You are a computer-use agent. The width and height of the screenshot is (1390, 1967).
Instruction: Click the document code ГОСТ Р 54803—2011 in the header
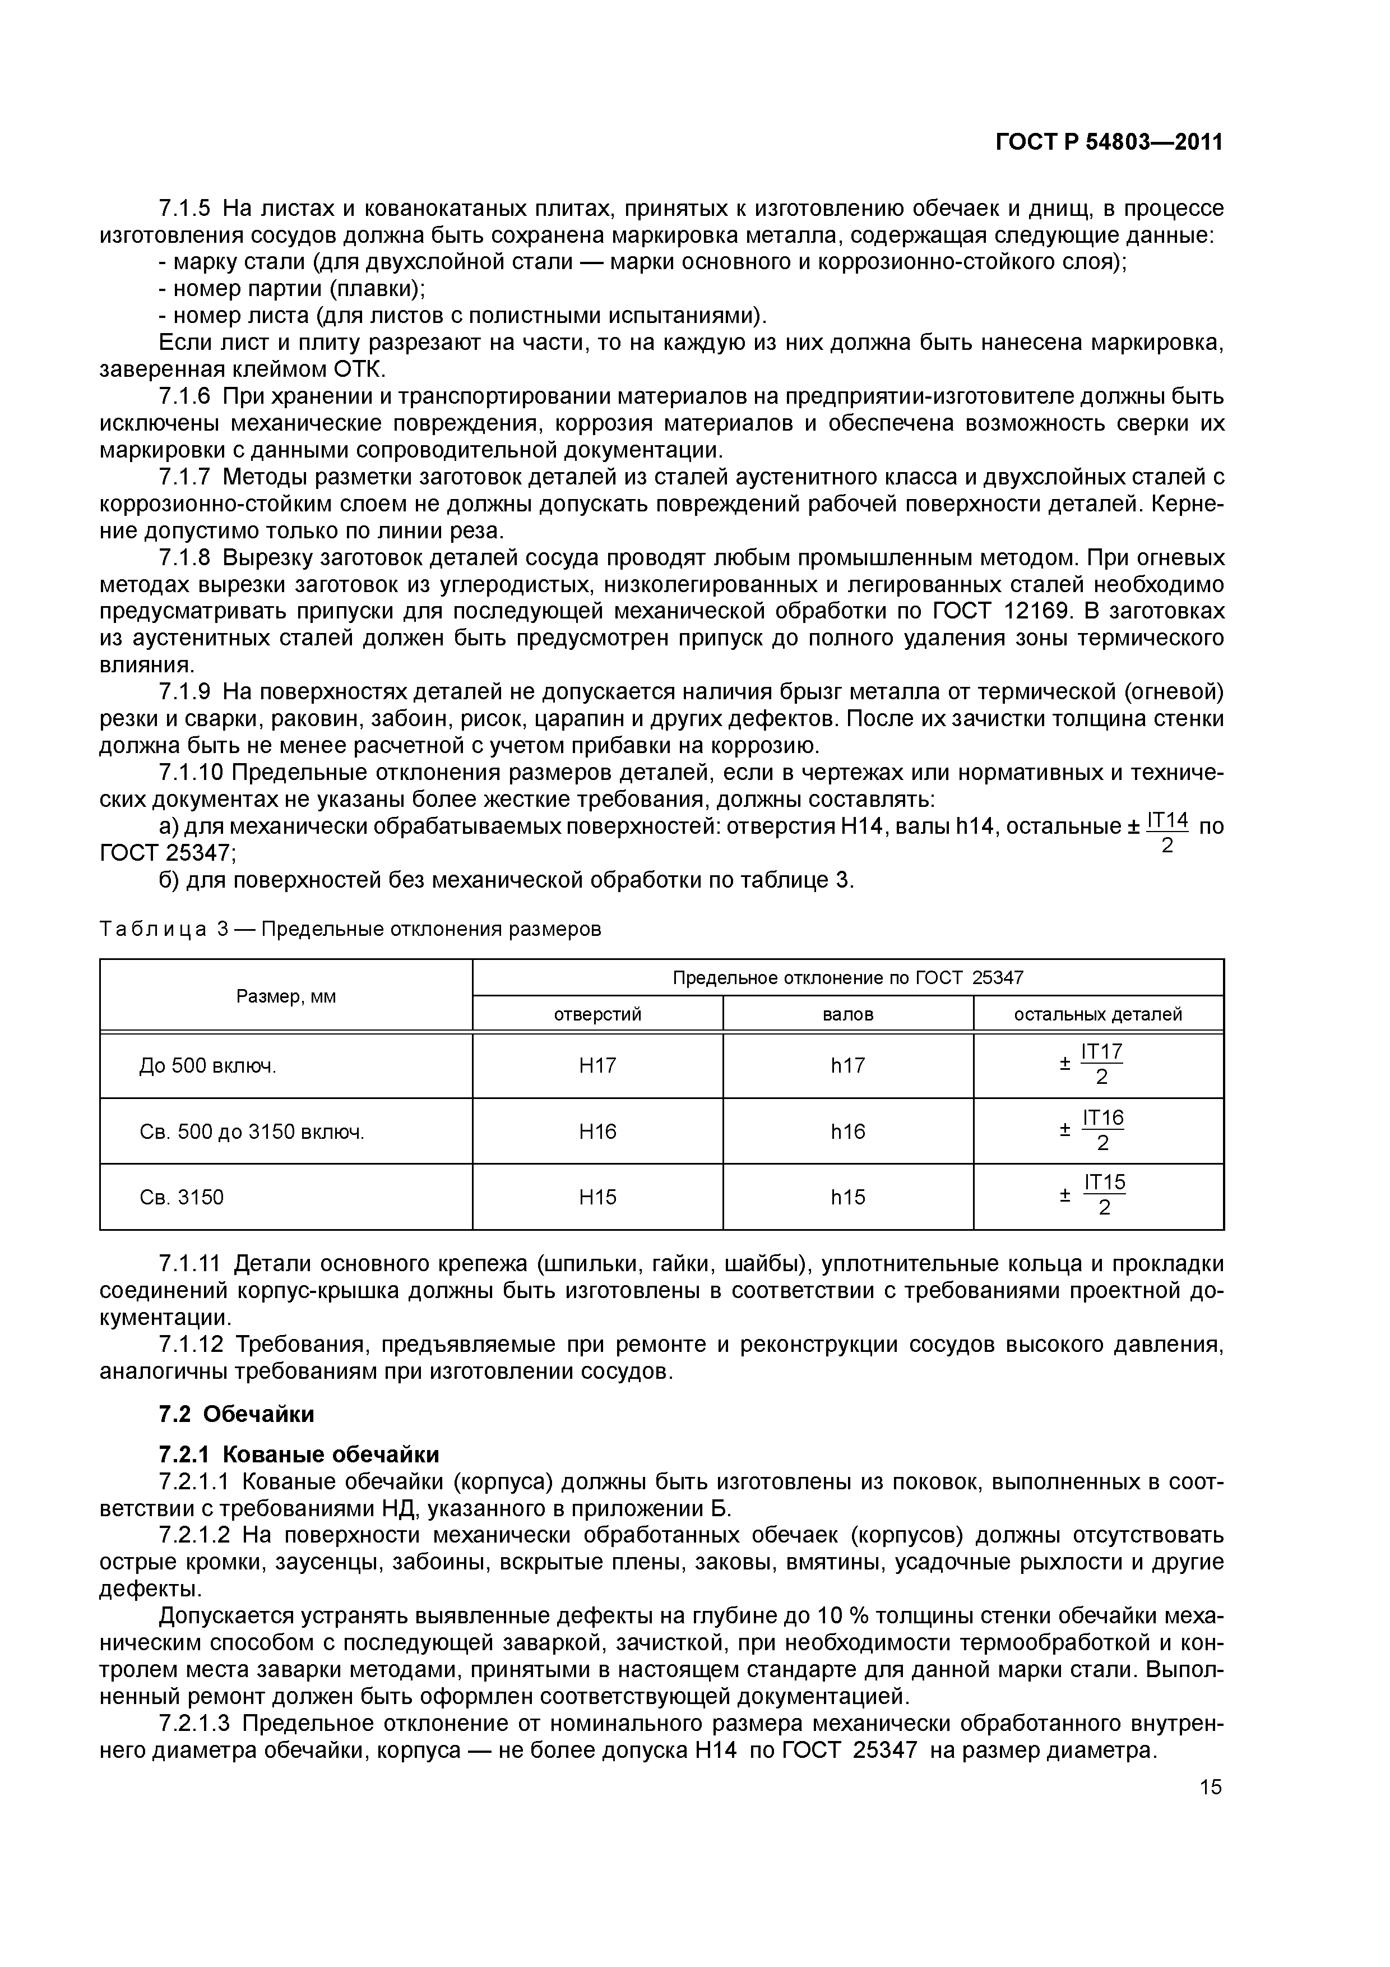1108,142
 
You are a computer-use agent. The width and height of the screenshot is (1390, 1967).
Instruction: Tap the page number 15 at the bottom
1210,1786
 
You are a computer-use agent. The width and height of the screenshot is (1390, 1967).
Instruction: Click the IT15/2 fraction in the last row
1103,1196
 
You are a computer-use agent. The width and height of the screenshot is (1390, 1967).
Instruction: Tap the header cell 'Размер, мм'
286,996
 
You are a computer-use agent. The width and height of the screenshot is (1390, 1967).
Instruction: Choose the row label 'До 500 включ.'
207,1066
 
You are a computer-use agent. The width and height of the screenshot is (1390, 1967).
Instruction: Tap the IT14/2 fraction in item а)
1166,833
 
